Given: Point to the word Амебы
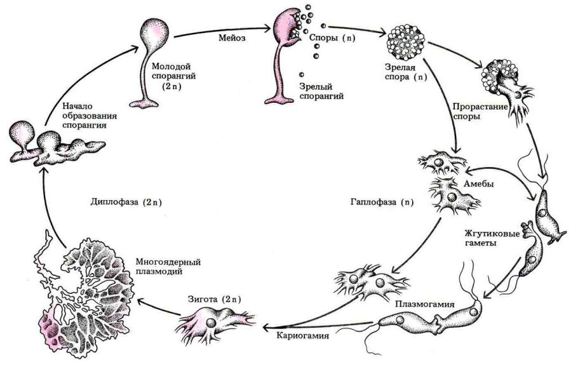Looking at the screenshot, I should [482, 184].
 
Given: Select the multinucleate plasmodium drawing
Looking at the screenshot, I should [89, 286].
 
